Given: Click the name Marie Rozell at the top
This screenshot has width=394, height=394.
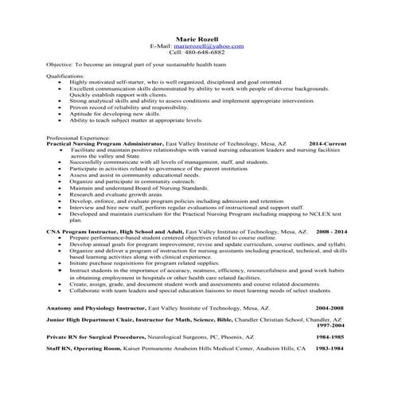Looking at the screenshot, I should tap(197, 37).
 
